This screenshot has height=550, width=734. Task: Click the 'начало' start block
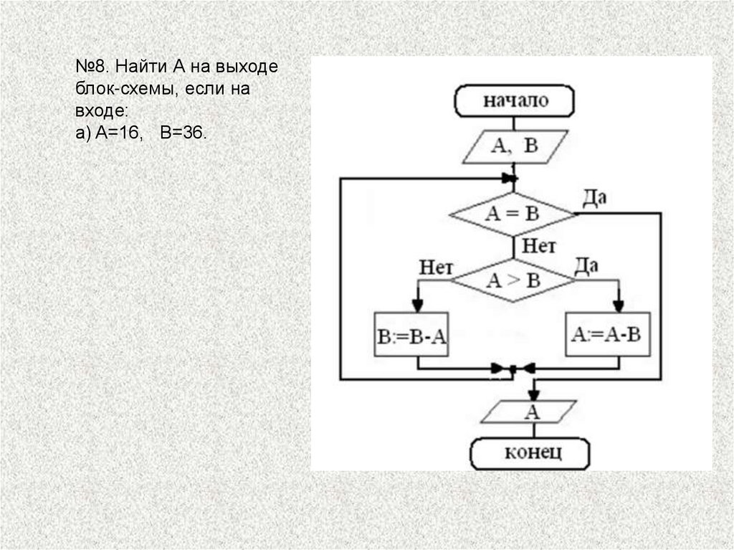pos(515,100)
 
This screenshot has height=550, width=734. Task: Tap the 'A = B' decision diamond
pos(513,214)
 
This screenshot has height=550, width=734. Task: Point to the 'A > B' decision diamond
pos(513,280)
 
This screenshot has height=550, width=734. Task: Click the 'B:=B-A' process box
pos(411,334)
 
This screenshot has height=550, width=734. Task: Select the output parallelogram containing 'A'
pos(532,412)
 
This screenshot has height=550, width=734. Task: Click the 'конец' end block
pos(530,453)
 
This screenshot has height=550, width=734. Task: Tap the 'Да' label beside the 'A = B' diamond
pos(594,196)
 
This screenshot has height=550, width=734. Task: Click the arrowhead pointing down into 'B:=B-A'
pos(418,303)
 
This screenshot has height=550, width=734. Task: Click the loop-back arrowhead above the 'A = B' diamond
pos(508,178)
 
